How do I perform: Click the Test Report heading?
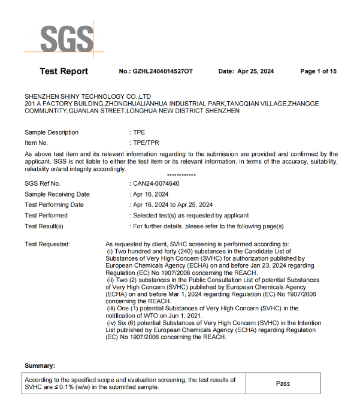coord(63,71)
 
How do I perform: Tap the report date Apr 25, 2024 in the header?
coord(256,72)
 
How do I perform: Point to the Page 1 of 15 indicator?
coord(318,72)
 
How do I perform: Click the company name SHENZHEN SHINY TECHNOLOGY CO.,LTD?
coord(88,96)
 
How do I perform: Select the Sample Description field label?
coord(52,132)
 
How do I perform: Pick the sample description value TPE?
coord(139,132)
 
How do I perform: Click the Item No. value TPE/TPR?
coord(146,143)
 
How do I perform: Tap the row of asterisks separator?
coord(181,175)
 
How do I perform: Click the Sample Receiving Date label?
coord(57,194)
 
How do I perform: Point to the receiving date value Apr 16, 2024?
coord(150,194)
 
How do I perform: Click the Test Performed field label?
coord(46,215)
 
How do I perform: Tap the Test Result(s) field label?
coord(44,226)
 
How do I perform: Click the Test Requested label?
coord(47,244)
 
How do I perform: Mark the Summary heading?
coord(40,365)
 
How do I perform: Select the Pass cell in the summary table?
coord(283,383)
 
